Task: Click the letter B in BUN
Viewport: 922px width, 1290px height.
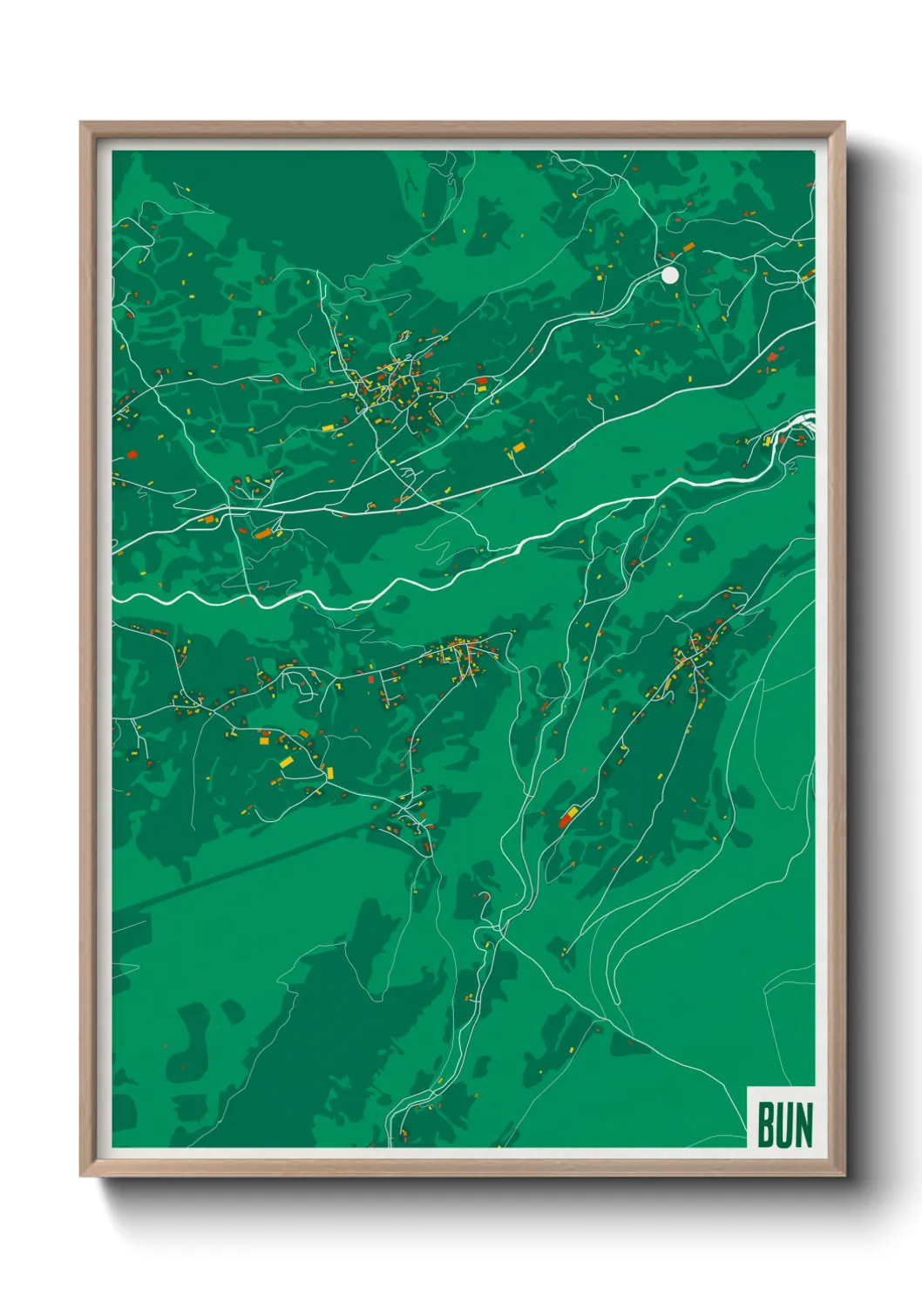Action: pos(766,1125)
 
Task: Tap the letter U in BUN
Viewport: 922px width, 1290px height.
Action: pos(784,1125)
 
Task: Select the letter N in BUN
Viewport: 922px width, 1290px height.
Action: pos(803,1125)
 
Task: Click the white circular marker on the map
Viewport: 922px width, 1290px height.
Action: pos(669,275)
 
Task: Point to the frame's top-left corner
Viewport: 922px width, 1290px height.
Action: pos(82,124)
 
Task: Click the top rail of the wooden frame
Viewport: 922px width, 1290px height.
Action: pos(462,128)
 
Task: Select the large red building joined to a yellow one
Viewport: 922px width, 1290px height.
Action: pos(567,818)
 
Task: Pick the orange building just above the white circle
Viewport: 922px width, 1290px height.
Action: pos(688,248)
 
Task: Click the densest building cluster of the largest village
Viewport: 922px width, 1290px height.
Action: pos(392,388)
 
